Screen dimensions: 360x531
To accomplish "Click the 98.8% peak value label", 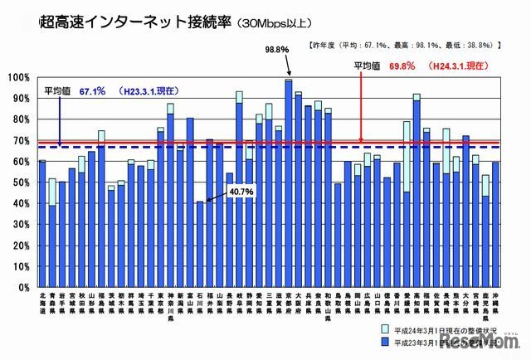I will (276, 50).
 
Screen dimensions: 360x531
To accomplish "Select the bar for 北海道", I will (42, 223).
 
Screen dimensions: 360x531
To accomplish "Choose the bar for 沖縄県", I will (494, 224).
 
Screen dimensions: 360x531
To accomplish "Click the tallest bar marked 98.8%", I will (289, 182).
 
